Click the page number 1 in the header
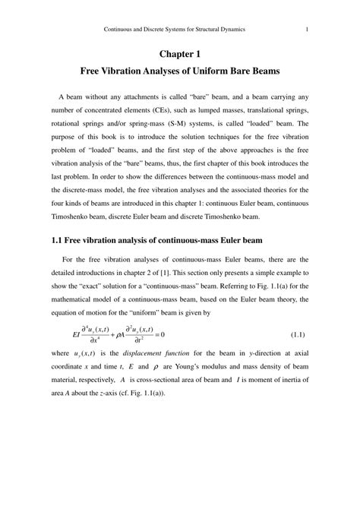(306, 30)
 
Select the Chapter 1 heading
(180, 54)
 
